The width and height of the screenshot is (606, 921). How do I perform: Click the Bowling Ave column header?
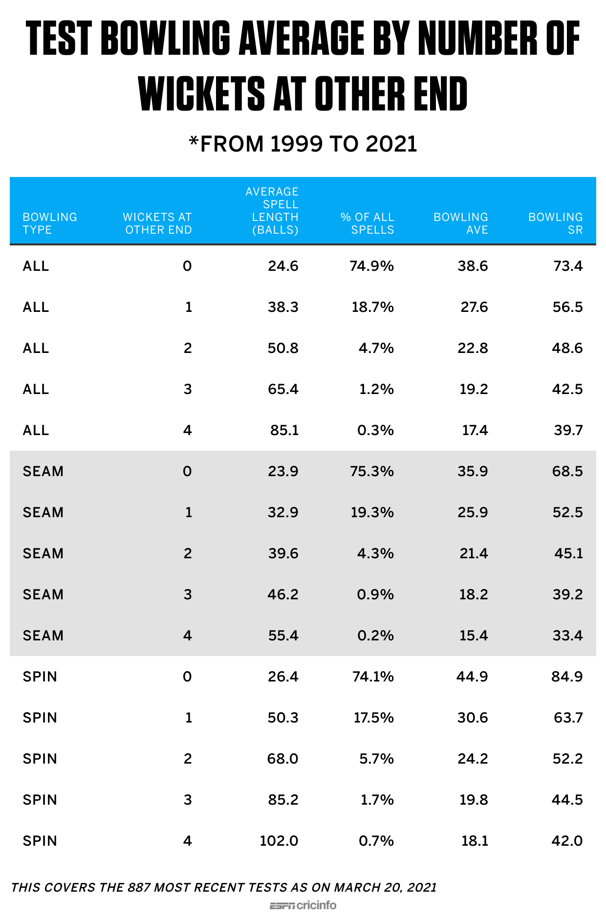coord(460,223)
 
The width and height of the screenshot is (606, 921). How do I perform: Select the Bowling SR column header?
coord(555,223)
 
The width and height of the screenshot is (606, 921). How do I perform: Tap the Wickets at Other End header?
coord(157,223)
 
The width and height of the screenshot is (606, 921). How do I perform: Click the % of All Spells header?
coord(367,223)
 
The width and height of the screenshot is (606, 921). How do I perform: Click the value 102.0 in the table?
coord(279,841)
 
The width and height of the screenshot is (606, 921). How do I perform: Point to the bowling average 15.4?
coord(474,636)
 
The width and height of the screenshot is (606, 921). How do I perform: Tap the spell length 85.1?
coord(284,430)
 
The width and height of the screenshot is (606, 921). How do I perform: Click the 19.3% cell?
coord(372,512)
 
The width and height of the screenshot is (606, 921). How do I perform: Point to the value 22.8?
coord(473,348)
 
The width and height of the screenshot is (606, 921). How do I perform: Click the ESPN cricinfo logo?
coord(303,905)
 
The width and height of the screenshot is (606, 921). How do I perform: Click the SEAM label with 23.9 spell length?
coord(43,471)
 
